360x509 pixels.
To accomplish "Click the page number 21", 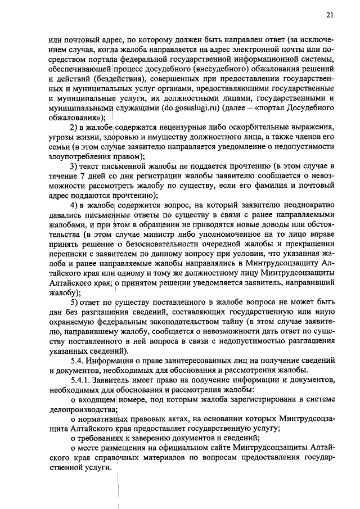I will click(x=330, y=15).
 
